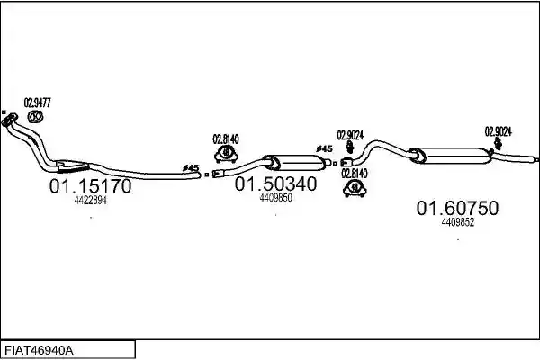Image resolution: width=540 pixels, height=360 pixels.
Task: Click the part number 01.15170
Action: pyautogui.click(x=90, y=186)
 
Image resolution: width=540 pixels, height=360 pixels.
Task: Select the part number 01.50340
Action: pyautogui.click(x=275, y=184)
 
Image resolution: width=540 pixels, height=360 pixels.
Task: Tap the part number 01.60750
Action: pyautogui.click(x=457, y=208)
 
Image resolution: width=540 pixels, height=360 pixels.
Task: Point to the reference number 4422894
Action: pyautogui.click(x=90, y=201)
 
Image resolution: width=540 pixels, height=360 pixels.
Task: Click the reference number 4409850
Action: pyautogui.click(x=276, y=198)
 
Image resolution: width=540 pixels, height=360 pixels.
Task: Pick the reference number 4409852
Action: pyautogui.click(x=458, y=222)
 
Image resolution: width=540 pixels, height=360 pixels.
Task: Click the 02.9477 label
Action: pyautogui.click(x=37, y=103)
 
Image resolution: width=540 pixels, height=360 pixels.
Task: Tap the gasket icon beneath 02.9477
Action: pyautogui.click(x=35, y=117)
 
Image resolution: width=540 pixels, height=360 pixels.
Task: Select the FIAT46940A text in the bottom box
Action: pyautogui.click(x=39, y=351)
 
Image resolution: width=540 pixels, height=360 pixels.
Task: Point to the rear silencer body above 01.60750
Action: pyautogui.click(x=452, y=156)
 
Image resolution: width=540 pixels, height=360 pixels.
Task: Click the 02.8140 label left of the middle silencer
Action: pyautogui.click(x=226, y=139)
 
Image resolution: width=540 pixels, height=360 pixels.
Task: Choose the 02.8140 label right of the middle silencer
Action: pyautogui.click(x=355, y=174)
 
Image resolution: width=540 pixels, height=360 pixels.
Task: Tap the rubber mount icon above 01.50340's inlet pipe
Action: pyautogui.click(x=226, y=154)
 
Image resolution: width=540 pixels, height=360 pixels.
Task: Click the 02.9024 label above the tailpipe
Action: pyautogui.click(x=499, y=131)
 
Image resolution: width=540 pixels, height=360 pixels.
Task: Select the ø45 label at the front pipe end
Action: pyautogui.click(x=191, y=168)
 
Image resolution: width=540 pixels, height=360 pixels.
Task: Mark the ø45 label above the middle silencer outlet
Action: pyautogui.click(x=324, y=148)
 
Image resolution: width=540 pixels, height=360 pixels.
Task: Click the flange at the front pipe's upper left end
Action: pyautogui.click(x=9, y=120)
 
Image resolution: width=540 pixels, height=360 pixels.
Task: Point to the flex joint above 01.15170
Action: pyautogui.click(x=71, y=166)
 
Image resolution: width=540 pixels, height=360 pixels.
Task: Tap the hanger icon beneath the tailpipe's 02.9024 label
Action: pyautogui.click(x=498, y=144)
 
